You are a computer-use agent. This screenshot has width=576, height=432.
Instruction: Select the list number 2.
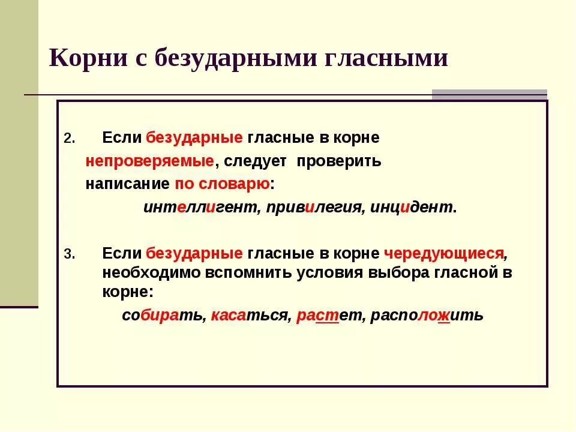click(x=68, y=139)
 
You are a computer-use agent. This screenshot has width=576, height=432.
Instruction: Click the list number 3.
click(x=68, y=254)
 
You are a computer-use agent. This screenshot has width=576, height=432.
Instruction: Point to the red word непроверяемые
click(x=149, y=161)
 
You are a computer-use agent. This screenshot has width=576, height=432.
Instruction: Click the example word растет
click(x=330, y=316)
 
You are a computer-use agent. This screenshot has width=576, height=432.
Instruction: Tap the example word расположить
click(x=427, y=316)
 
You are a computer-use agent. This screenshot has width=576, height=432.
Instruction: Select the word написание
click(x=127, y=184)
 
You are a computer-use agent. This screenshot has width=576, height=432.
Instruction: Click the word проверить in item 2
click(x=339, y=161)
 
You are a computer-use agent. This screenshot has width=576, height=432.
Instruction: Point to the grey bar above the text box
click(x=490, y=94)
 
